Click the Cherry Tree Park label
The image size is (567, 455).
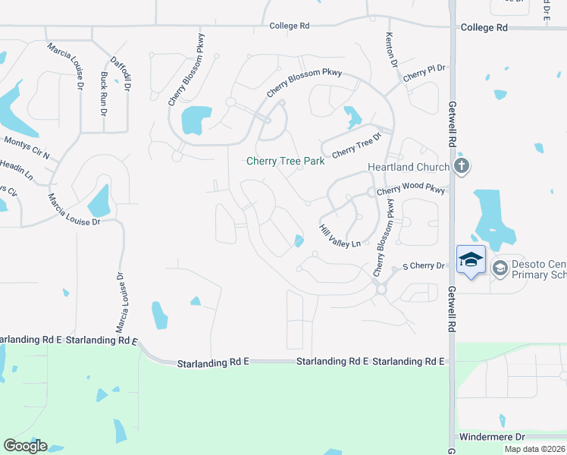tap(285, 162)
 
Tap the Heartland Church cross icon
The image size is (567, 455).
tap(461, 166)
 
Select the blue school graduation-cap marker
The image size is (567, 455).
tap(471, 259)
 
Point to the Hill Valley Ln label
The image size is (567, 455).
tap(338, 236)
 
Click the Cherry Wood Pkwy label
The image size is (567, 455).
tap(410, 190)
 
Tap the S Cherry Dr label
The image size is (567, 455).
tap(423, 266)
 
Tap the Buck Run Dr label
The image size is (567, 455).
tap(104, 93)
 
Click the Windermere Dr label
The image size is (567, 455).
tap(492, 438)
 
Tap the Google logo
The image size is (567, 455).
tap(25, 446)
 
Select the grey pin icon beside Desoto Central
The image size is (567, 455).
tap(500, 268)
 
